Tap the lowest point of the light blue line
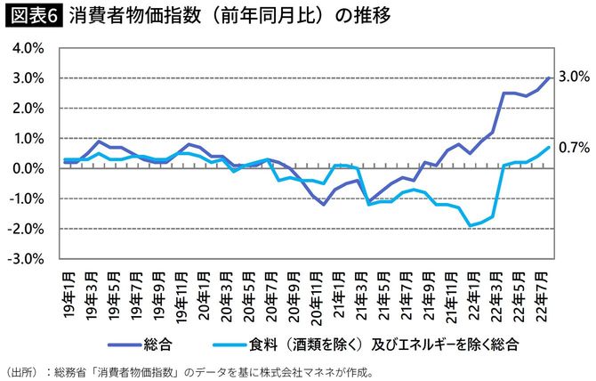[x=471, y=225]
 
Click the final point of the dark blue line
[x=550, y=77]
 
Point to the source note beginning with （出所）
[x=191, y=369]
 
